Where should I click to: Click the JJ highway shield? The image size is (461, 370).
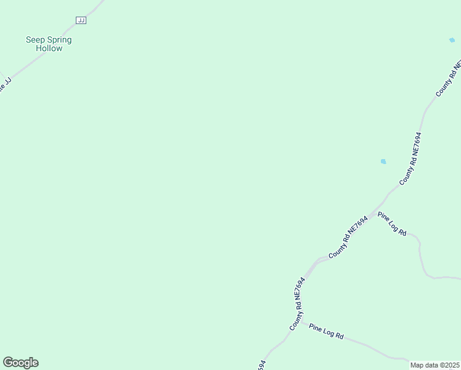click(81, 20)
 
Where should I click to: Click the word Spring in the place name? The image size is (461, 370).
click(60, 40)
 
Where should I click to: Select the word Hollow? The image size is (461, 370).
click(49, 49)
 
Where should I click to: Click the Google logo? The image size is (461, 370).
click(20, 363)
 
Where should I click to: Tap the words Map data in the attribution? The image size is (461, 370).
click(424, 365)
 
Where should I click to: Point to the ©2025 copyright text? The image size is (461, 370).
click(449, 365)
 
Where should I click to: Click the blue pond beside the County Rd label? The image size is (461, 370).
click(383, 162)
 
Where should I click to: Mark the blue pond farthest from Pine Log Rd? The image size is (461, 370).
click(452, 40)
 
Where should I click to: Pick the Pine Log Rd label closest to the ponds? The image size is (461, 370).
click(393, 224)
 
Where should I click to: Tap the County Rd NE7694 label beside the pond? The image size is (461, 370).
click(410, 158)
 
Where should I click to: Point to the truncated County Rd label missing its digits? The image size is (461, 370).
click(448, 79)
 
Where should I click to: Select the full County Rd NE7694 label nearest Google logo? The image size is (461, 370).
click(297, 304)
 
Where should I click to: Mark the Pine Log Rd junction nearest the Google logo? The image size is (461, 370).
click(301, 321)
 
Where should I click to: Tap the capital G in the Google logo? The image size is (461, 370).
click(8, 363)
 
